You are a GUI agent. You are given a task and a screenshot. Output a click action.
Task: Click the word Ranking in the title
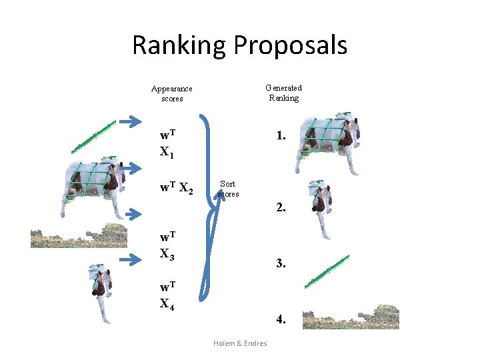pyautogui.click(x=179, y=45)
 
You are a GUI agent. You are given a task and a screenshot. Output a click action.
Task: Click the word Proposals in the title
pyautogui.click(x=290, y=45)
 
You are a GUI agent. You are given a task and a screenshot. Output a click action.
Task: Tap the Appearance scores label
pyautogui.click(x=171, y=93)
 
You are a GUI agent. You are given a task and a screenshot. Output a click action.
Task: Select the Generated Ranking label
pyautogui.click(x=283, y=93)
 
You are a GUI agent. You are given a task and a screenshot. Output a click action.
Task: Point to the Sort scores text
pyautogui.click(x=228, y=189)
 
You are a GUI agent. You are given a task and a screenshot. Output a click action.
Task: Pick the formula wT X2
pyautogui.click(x=176, y=189)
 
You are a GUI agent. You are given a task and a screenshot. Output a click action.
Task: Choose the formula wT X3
pyautogui.click(x=168, y=245)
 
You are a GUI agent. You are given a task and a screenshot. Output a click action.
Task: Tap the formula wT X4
pyautogui.click(x=168, y=295)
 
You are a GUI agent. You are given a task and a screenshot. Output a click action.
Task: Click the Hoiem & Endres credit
pyautogui.click(x=240, y=343)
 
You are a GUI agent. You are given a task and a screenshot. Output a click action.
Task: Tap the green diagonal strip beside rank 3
pyautogui.click(x=327, y=271)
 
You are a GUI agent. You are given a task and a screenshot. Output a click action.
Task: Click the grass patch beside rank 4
pyautogui.click(x=349, y=318)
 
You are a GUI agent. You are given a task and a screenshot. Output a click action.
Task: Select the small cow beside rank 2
pyautogui.click(x=322, y=206)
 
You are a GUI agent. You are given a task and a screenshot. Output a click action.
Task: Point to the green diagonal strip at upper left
pyautogui.click(x=94, y=136)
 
